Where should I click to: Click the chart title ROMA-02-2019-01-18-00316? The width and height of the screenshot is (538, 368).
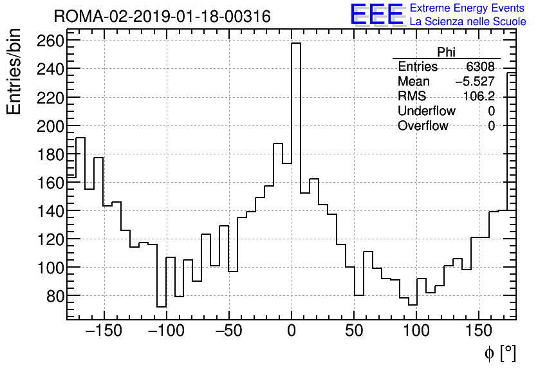pos(162,16)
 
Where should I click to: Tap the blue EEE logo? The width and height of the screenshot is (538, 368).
pos(376,15)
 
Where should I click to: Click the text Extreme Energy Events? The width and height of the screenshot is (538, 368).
pos(467,8)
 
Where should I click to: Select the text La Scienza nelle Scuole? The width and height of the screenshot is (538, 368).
pos(468,22)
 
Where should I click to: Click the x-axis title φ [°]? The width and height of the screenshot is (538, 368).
pos(500,353)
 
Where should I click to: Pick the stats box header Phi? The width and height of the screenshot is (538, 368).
pos(446,53)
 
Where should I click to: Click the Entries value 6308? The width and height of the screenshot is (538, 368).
pos(481,67)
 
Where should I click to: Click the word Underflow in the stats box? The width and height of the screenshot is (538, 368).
pos(427,111)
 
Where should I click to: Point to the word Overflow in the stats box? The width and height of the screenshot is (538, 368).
pos(423,126)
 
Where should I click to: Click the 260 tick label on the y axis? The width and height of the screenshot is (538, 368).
pos(50,41)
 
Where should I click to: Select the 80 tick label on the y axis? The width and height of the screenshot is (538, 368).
pos(54,296)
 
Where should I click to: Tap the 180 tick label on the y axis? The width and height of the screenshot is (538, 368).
pos(50,154)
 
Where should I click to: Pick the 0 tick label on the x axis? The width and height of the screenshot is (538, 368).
pos(292,332)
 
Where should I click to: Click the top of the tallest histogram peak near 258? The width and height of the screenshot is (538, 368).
pos(296,44)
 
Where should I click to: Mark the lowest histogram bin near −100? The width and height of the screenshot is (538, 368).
pos(162,306)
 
